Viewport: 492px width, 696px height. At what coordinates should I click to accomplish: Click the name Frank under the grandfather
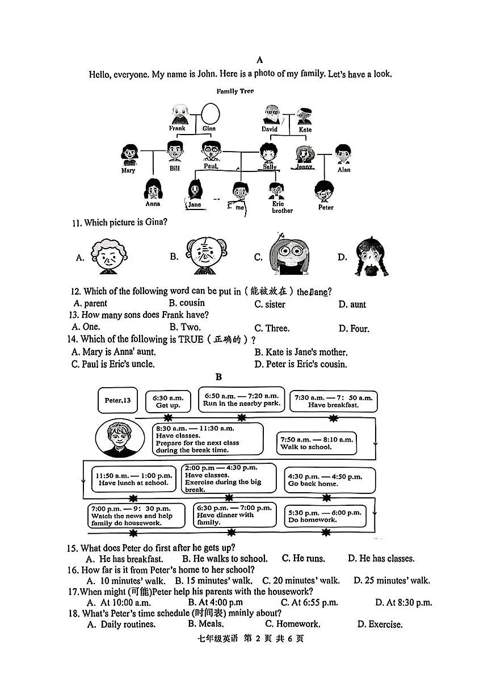coord(177,128)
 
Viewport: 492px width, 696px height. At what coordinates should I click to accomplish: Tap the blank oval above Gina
coord(211,114)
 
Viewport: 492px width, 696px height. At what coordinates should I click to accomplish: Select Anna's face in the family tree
coord(153,189)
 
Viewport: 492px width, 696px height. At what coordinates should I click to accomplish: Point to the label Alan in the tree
coord(344,170)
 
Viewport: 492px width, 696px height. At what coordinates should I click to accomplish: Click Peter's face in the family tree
coord(324,192)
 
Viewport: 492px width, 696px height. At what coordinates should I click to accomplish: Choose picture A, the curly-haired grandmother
coord(109,257)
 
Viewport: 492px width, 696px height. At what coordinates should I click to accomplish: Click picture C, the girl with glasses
coord(289,254)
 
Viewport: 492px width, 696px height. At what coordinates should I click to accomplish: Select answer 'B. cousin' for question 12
coord(187,303)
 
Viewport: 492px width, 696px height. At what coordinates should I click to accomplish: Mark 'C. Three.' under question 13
coord(272,329)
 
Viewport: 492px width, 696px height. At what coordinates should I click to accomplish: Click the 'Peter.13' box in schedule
coord(117,400)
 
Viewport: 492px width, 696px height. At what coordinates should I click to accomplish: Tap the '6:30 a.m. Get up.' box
coord(168,401)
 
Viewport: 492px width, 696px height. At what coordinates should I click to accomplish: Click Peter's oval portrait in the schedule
coord(120,438)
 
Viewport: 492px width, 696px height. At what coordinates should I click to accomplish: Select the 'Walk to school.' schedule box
coord(317,443)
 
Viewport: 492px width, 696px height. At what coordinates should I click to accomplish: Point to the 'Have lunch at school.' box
coord(133,479)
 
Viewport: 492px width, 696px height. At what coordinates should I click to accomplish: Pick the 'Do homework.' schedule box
coord(325,516)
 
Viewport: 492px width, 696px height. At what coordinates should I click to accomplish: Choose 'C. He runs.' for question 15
coord(303,559)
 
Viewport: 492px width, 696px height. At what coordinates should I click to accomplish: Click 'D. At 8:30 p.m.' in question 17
coord(403,603)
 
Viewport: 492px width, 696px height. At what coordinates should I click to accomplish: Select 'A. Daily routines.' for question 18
coord(121,624)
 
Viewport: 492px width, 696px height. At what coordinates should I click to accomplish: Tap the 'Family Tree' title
coord(235,91)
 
